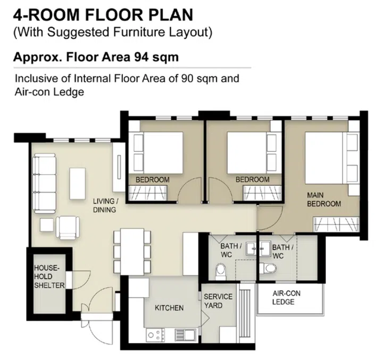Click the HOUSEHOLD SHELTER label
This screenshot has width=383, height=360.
pyautogui.click(x=49, y=277)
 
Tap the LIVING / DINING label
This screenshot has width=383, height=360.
pyautogui.click(x=105, y=205)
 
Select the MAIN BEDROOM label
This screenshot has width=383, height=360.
pyautogui.click(x=323, y=199)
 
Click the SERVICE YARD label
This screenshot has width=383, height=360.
pyautogui.click(x=218, y=301)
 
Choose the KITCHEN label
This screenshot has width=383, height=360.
pyautogui.click(x=169, y=308)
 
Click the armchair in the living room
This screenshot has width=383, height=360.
pyautogui.click(x=69, y=227)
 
